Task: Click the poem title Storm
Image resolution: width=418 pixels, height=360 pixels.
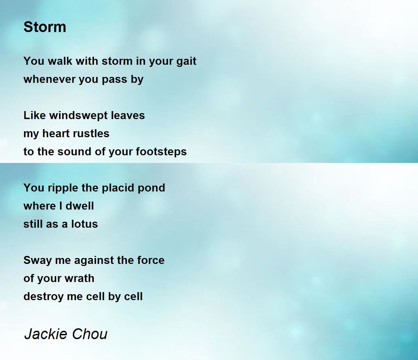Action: coord(45,27)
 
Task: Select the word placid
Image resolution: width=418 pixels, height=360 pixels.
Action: coord(118,188)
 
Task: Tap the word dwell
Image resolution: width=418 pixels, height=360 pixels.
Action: coord(80,206)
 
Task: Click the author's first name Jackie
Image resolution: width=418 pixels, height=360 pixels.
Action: coord(46,334)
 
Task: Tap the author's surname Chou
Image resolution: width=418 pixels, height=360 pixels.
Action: coord(90,334)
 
